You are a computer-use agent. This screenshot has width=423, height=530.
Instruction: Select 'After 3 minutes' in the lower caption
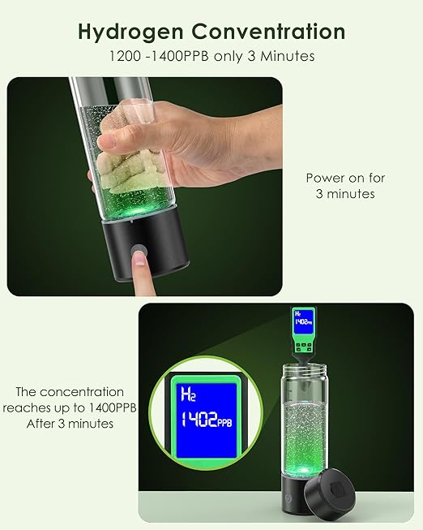[x=71, y=424]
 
